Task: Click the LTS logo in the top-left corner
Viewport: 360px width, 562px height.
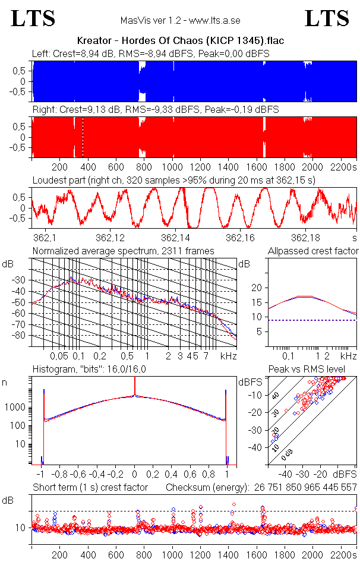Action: click(33, 18)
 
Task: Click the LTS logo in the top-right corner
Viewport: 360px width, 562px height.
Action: click(327, 18)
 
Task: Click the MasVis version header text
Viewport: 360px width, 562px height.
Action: click(180, 20)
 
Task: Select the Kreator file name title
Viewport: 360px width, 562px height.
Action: click(180, 41)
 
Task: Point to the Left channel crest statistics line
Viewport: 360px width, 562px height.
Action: click(151, 54)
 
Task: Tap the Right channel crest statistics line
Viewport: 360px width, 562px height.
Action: click(156, 110)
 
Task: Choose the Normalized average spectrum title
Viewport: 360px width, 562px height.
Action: click(123, 251)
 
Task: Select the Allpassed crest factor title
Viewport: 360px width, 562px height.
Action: click(313, 251)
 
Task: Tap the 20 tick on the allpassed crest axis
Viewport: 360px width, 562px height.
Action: click(257, 288)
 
